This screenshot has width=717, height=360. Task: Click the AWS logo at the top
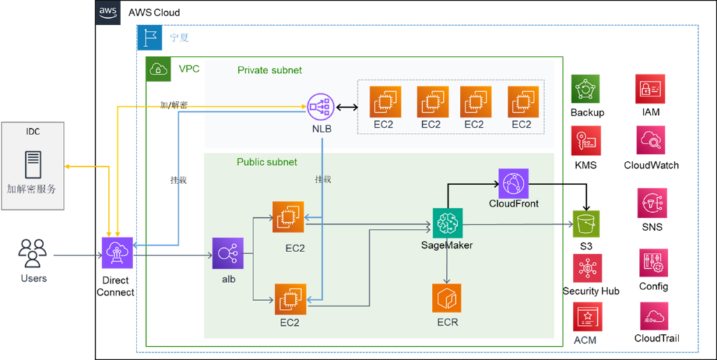click(108, 13)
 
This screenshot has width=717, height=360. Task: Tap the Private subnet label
click(270, 70)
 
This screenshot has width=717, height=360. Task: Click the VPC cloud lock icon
click(158, 69)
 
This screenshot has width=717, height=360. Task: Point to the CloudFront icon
click(513, 184)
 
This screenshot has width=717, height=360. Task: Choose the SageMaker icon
click(447, 223)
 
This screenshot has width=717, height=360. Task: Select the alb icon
click(228, 254)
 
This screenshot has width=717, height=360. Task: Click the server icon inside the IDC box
click(32, 165)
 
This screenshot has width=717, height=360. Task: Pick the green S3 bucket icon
click(586, 224)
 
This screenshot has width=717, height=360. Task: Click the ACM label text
click(585, 341)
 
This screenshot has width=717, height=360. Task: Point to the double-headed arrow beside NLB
click(346, 108)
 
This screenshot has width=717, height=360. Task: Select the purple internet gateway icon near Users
click(117, 253)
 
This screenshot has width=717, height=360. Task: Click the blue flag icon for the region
click(149, 37)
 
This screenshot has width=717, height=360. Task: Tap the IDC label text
click(32, 131)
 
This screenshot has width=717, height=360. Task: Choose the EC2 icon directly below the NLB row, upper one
click(288, 217)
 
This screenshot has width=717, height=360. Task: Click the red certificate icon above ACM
click(587, 317)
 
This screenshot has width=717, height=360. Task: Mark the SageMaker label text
click(447, 245)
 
